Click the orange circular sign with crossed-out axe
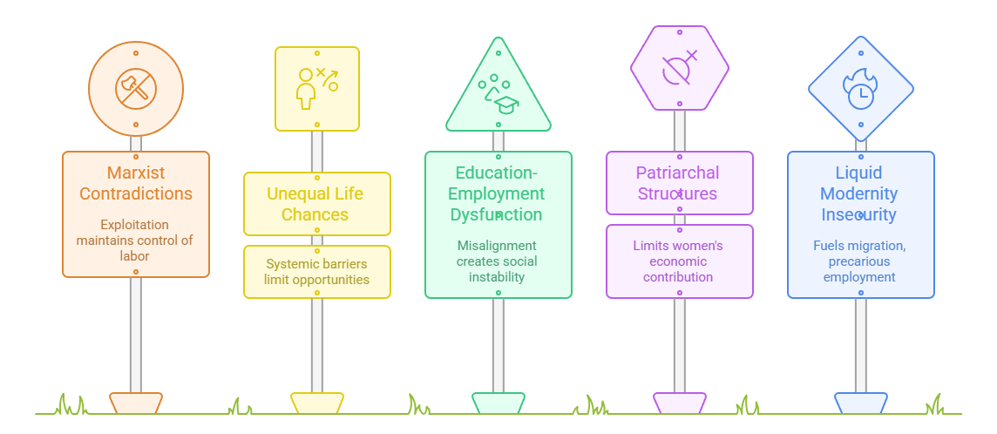136,88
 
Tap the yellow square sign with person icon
317,88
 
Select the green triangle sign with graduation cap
498,92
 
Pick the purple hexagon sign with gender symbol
680,68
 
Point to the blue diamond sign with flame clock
861,88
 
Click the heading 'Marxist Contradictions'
136,182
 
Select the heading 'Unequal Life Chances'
317,203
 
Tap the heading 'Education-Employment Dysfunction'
498,193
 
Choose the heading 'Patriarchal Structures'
680,182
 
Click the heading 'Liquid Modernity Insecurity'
861,193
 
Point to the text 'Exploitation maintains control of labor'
136,240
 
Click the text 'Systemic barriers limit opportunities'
317,271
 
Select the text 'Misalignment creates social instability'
498,261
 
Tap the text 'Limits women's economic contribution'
680,261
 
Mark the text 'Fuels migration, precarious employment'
861,261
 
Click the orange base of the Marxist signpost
136,403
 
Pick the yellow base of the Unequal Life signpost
317,403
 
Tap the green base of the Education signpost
498,403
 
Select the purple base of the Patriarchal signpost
680,403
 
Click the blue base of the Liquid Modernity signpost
861,403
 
